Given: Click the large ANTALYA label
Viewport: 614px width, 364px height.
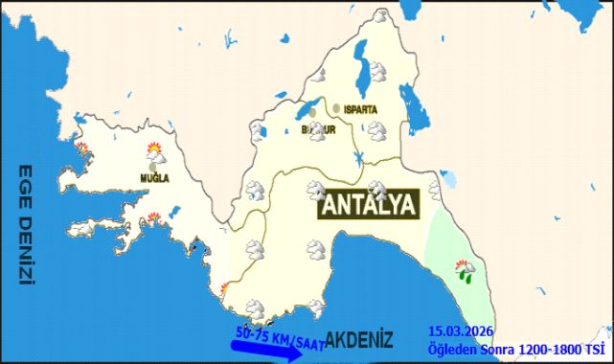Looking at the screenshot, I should pos(369,205).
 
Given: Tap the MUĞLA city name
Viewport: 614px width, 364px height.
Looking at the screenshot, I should pos(154,178).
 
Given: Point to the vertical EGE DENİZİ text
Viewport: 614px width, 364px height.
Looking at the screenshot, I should pos(27,225).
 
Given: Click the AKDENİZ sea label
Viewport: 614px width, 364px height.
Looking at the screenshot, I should pos(359,340).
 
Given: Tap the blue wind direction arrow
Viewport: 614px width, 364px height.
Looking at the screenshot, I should pos(268,348).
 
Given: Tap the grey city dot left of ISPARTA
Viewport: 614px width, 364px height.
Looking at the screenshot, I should pos(336,108).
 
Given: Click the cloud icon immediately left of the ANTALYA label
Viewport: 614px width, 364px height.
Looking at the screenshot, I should pos(315,191).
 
